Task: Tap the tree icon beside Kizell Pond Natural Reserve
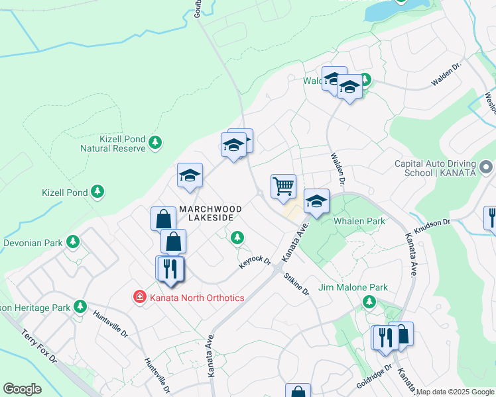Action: [155, 143]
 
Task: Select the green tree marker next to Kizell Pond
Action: [97, 192]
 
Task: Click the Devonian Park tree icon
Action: [72, 243]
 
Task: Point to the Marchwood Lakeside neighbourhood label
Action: [209, 212]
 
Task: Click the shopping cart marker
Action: [283, 187]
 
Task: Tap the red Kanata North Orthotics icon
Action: [139, 297]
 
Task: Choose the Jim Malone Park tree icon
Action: [369, 302]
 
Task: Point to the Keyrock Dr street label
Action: [255, 261]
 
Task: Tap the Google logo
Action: [22, 389]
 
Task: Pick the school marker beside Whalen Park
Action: [316, 201]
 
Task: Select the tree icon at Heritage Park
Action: [80, 306]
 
